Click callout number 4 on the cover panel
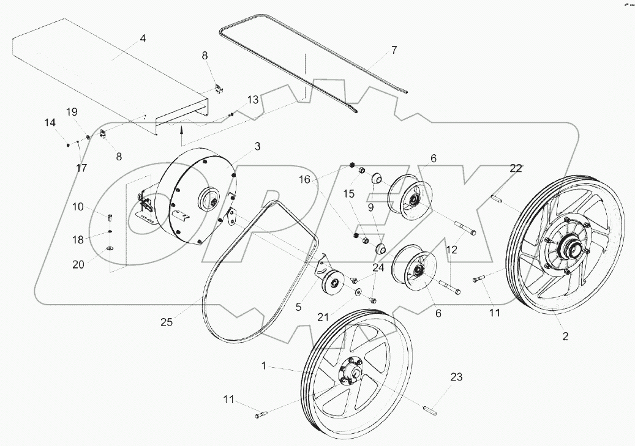[143, 38]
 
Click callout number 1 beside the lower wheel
[263, 366]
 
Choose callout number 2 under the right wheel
[565, 336]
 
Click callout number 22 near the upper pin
[516, 168]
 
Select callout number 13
[253, 100]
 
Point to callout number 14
[50, 123]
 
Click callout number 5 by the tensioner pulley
[299, 307]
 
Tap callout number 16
[306, 180]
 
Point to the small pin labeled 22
[497, 199]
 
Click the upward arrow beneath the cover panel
[181, 129]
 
